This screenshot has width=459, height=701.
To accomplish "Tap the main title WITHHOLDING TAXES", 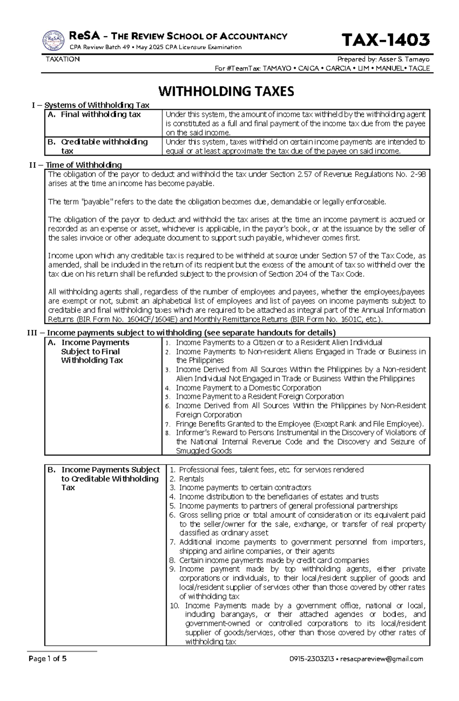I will (x=226, y=92).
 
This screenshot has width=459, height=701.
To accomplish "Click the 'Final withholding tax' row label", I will (x=100, y=115).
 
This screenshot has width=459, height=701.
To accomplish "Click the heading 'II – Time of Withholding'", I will (x=75, y=165).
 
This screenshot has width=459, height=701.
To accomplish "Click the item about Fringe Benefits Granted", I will (x=299, y=424).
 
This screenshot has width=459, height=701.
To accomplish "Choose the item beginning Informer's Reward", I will (x=300, y=441).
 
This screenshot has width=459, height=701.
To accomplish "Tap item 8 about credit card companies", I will (x=273, y=560).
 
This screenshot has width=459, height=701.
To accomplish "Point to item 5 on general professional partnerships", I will (x=288, y=506).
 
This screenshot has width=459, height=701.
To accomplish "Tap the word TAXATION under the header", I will (x=63, y=59).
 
